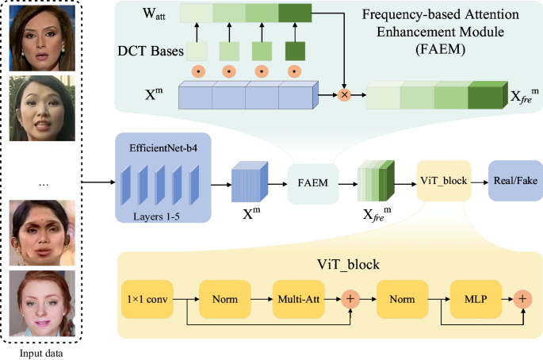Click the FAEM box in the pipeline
[312, 184]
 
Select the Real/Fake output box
[515, 181]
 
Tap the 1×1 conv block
[147, 299]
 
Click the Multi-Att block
[299, 299]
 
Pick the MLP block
[476, 299]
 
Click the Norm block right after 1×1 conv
[225, 299]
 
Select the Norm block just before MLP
[402, 299]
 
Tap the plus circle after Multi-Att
[350, 299]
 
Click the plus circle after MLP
[522, 299]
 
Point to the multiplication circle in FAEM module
[344, 94]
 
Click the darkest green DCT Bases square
[295, 52]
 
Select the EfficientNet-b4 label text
[163, 148]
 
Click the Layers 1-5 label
[156, 217]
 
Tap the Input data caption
[41, 354]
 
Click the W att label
[154, 13]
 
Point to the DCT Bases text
[151, 51]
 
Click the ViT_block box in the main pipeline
[444, 181]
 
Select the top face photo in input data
[42, 38]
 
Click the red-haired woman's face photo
[42, 303]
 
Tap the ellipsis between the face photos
[44, 185]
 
